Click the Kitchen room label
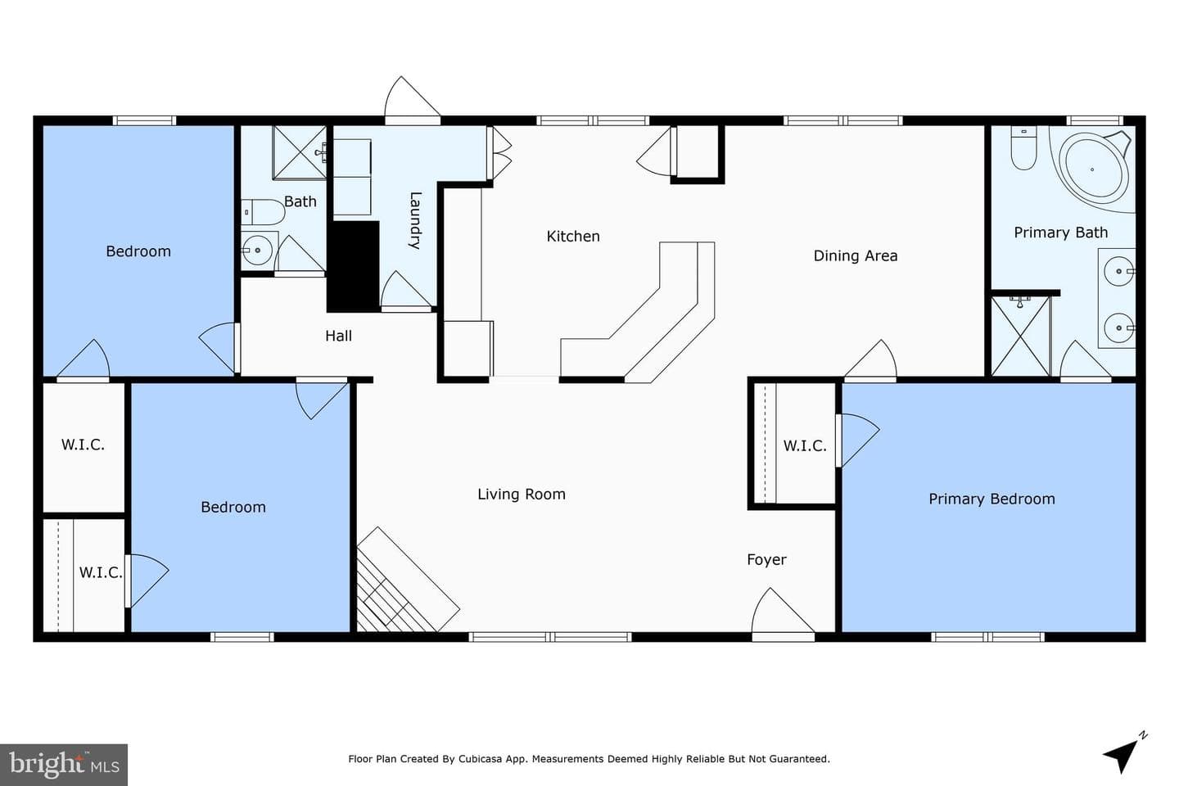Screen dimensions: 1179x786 (x=572, y=237)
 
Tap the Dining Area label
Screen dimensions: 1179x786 (x=856, y=255)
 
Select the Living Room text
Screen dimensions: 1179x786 (x=521, y=495)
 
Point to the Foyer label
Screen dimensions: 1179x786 (x=766, y=560)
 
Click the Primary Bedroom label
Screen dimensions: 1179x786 (x=992, y=499)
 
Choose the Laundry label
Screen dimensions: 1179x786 (x=415, y=220)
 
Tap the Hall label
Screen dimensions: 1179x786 (x=338, y=336)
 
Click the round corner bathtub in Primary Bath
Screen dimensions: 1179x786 (x=1092, y=169)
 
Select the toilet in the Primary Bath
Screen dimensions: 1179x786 (x=1023, y=148)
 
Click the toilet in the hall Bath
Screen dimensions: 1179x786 (x=263, y=211)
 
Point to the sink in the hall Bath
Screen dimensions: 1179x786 (x=258, y=250)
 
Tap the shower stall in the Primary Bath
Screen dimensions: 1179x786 (x=1020, y=337)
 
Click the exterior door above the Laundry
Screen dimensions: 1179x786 (x=412, y=100)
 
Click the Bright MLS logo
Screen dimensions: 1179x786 (x=64, y=765)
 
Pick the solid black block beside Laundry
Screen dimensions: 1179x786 (x=353, y=266)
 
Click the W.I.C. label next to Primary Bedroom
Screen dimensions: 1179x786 (x=804, y=446)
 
